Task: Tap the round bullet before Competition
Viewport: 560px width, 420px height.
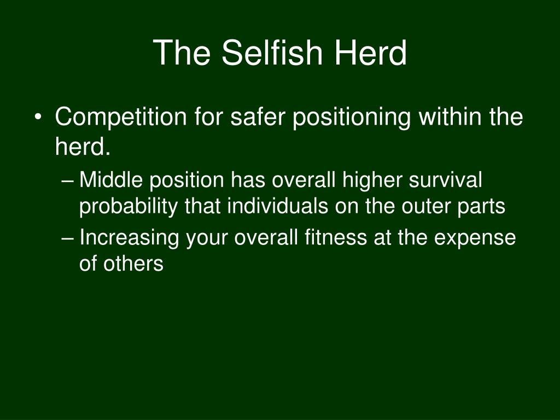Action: point(38,117)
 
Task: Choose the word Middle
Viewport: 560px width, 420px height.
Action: point(111,179)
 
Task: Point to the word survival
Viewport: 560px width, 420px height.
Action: point(445,179)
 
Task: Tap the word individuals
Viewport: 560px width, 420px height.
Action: point(277,206)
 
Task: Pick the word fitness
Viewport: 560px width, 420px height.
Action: point(336,237)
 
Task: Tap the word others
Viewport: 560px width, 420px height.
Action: point(133,264)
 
